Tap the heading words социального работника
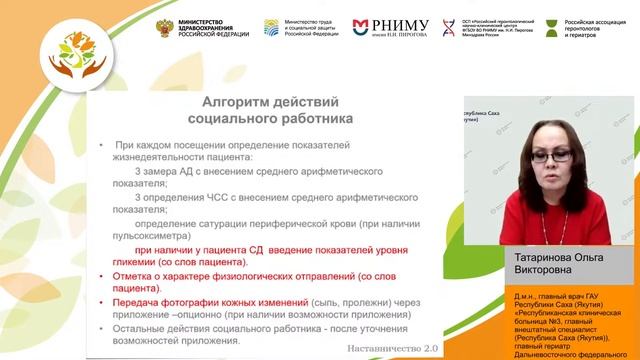(272, 118)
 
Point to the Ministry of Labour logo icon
(272, 26)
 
